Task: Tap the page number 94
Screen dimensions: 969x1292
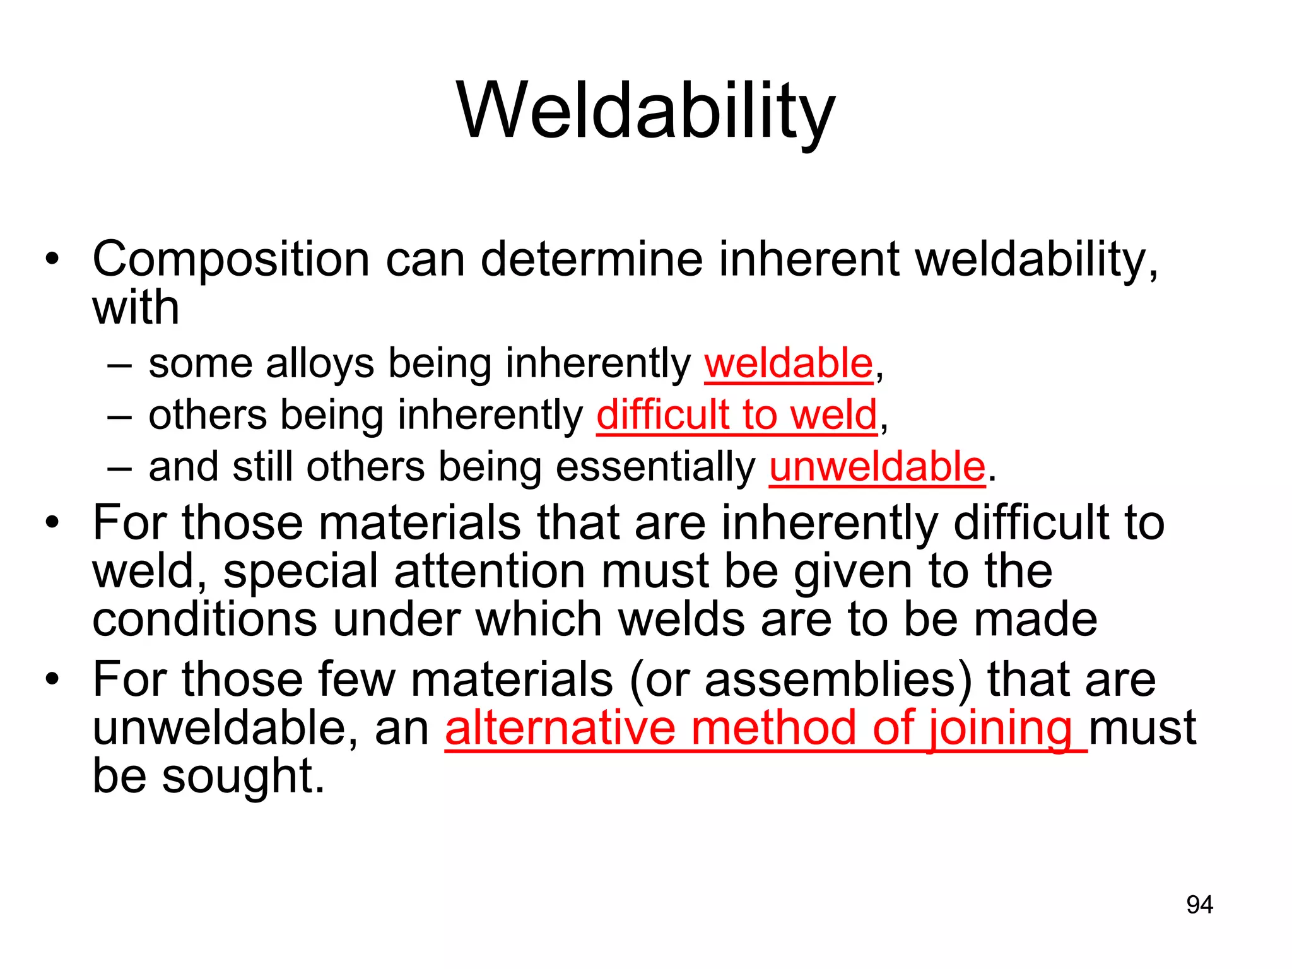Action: click(1199, 905)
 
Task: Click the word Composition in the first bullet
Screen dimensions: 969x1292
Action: click(230, 260)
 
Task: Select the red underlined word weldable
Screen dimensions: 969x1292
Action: click(789, 364)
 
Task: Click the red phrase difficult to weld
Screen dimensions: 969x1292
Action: click(737, 416)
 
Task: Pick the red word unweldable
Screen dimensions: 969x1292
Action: click(877, 467)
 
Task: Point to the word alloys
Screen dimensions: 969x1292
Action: click(320, 365)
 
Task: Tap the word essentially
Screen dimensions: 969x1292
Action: click(655, 467)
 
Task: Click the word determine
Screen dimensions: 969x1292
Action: click(591, 260)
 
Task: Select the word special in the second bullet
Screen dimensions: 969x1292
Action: click(300, 572)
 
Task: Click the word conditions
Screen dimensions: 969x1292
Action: click(204, 620)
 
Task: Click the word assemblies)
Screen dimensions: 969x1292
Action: click(838, 680)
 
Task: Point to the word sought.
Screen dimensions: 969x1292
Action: click(242, 776)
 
